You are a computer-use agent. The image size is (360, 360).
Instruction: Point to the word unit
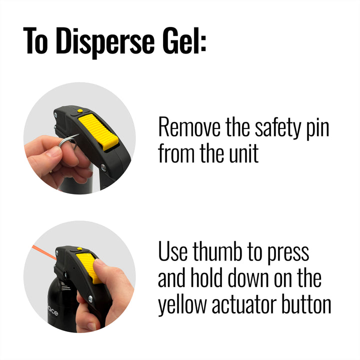243,153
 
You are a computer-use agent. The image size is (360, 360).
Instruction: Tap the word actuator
244,304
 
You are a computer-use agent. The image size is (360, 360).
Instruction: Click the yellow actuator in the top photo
98,132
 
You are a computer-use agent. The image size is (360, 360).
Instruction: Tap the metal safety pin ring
68,141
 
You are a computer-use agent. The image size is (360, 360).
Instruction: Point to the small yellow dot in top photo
80,110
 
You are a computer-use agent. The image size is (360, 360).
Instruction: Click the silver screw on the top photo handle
103,167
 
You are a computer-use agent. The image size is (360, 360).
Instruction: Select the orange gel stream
44,252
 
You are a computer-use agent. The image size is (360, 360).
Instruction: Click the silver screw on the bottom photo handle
90,298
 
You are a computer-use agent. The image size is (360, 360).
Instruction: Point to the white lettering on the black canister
53,312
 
